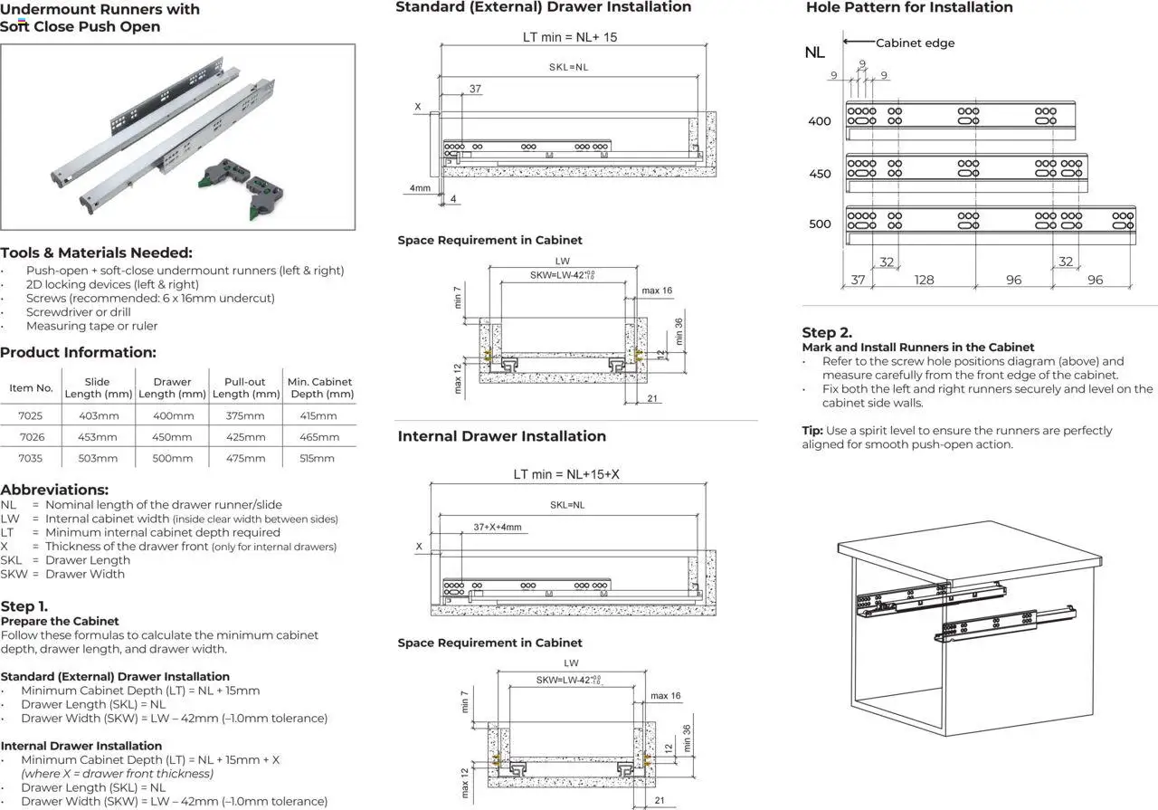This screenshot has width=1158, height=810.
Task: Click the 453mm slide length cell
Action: [98, 437]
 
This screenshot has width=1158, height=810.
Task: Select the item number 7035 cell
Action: [31, 458]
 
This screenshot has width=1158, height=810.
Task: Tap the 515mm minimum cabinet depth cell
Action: [318, 458]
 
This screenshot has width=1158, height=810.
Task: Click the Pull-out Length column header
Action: [245, 387]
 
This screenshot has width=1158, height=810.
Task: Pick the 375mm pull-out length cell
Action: [246, 415]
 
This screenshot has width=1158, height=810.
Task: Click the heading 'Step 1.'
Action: [24, 606]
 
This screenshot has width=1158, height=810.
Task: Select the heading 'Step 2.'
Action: [827, 332]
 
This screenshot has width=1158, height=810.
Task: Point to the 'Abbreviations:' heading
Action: [54, 490]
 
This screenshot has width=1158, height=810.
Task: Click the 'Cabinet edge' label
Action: [915, 43]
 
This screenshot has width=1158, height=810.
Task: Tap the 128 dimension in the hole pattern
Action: [924, 280]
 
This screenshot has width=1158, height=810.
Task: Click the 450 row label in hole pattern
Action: [820, 174]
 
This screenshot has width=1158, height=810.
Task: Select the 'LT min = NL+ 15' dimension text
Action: [570, 38]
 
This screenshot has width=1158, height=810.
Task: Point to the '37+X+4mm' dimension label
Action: [497, 527]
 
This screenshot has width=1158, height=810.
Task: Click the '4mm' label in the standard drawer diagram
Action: [420, 188]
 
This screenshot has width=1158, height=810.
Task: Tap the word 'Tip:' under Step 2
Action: [812, 431]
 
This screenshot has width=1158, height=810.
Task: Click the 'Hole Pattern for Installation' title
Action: [909, 7]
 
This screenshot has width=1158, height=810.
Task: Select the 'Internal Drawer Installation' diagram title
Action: [502, 436]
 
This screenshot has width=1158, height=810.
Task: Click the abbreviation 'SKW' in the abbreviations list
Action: [14, 574]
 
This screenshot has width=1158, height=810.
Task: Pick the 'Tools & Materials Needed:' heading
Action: [96, 253]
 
